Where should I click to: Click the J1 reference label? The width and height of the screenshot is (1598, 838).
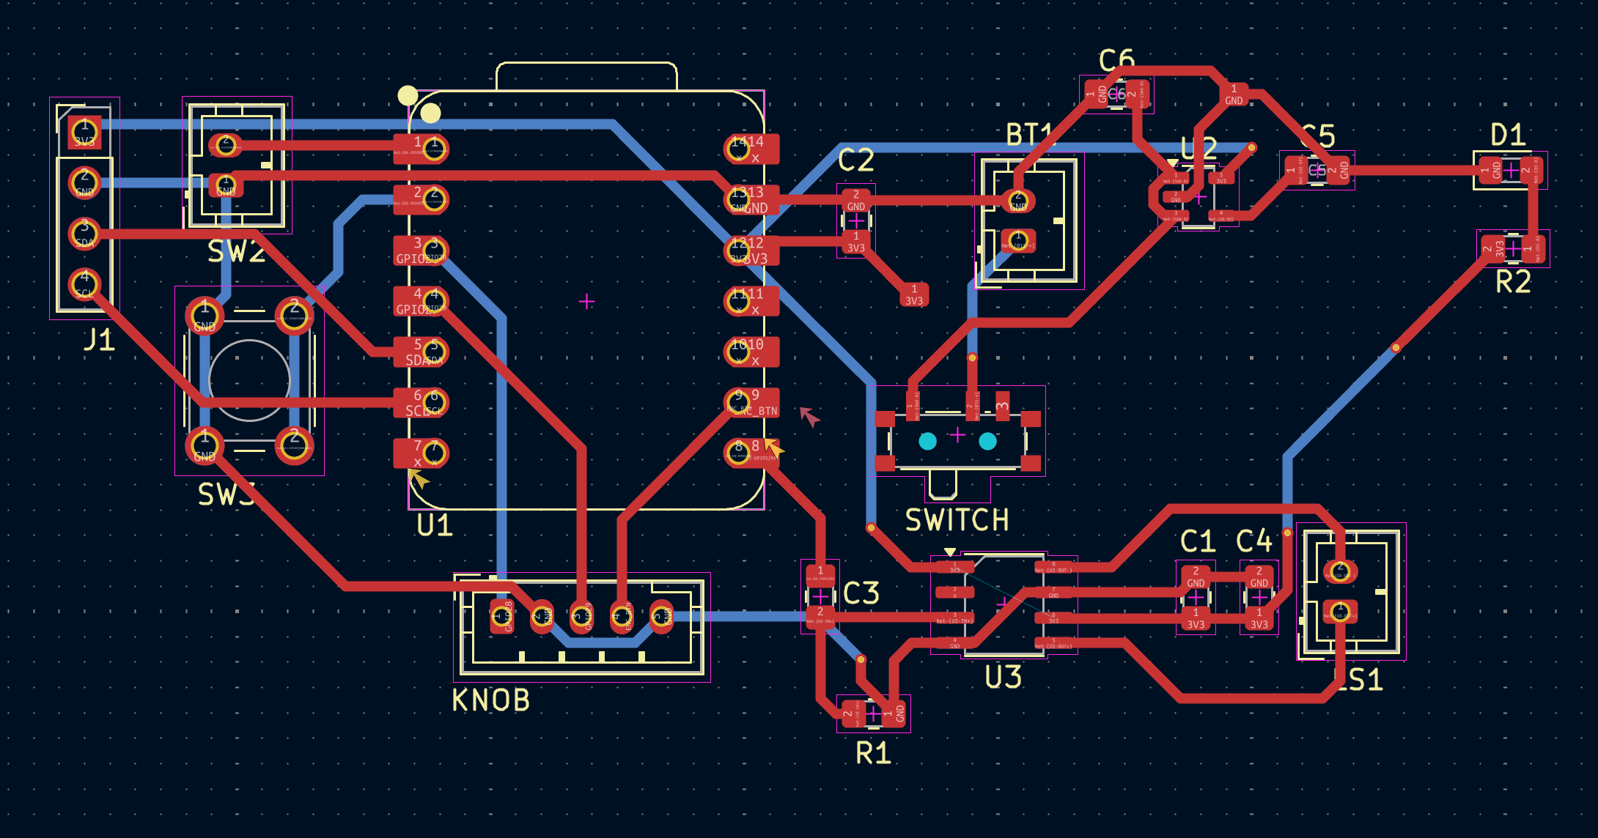pyautogui.click(x=99, y=340)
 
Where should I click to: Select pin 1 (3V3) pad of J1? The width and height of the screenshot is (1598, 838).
pyautogui.click(x=84, y=133)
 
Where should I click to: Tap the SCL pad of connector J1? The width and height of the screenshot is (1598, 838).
pyautogui.click(x=84, y=284)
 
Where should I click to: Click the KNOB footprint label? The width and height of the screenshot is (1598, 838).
pyautogui.click(x=490, y=700)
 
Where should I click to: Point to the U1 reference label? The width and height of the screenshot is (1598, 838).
pyautogui.click(x=434, y=525)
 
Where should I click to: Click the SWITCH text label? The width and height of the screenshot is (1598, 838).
pyautogui.click(x=957, y=520)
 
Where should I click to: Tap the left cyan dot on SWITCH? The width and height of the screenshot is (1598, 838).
pyautogui.click(x=927, y=441)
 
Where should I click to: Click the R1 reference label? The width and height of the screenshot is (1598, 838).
pyautogui.click(x=873, y=753)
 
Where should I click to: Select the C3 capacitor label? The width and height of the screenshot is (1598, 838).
pyautogui.click(x=861, y=593)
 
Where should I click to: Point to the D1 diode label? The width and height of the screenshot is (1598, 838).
pyautogui.click(x=1508, y=136)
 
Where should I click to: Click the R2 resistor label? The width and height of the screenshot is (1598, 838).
pyautogui.click(x=1513, y=282)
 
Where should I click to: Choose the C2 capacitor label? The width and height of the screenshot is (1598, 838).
pyautogui.click(x=855, y=160)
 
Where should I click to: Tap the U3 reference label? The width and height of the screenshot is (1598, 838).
pyautogui.click(x=1003, y=678)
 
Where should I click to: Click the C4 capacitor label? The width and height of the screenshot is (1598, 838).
pyautogui.click(x=1253, y=542)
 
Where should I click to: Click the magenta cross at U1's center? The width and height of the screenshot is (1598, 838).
pyautogui.click(x=586, y=301)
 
